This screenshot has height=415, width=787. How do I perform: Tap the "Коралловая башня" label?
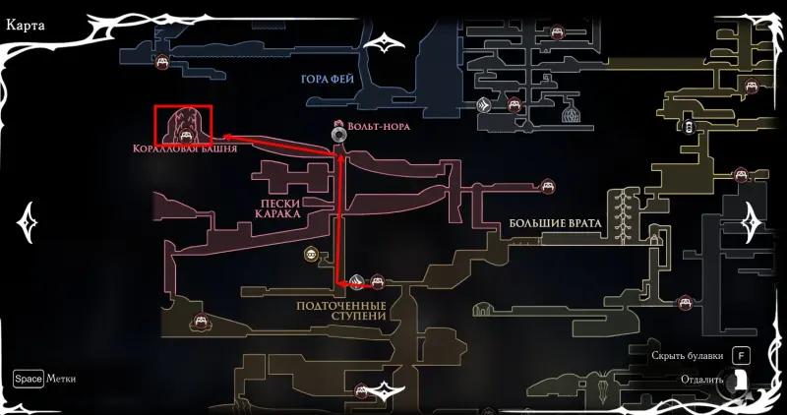click(174, 148)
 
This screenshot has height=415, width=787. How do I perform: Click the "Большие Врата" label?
click(555, 223)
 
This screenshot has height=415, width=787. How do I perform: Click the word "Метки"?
click(61, 379)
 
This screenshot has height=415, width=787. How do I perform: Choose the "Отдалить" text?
click(701, 379)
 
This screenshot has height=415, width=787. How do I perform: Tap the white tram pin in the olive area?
click(692, 126)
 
